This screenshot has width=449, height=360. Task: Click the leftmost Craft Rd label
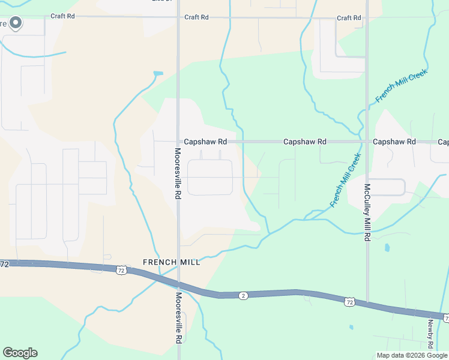pos(62,17)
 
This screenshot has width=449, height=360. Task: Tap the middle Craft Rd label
pos(196,17)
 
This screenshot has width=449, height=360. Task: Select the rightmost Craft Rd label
pos(349,18)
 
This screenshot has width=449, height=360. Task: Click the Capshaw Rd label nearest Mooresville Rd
pos(205,142)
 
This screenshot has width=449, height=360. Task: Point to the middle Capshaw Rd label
pos(304,142)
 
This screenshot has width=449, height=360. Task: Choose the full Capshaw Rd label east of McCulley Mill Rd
pos(394,142)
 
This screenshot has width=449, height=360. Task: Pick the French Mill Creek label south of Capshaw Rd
pos(346,181)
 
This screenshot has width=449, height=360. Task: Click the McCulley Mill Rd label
pos(367,212)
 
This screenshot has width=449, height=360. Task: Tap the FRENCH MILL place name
pos(171,262)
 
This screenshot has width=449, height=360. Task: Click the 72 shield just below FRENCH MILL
pos(121,271)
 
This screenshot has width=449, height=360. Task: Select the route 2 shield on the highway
pos(243,295)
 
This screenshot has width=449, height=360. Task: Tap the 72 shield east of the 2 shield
pos(350,302)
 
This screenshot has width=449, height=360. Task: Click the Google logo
pos(20,353)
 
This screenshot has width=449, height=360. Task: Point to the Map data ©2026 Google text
pos(412,355)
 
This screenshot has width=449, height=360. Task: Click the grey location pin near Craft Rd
pos(16,23)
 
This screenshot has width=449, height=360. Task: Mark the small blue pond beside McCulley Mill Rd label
pos(387,247)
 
